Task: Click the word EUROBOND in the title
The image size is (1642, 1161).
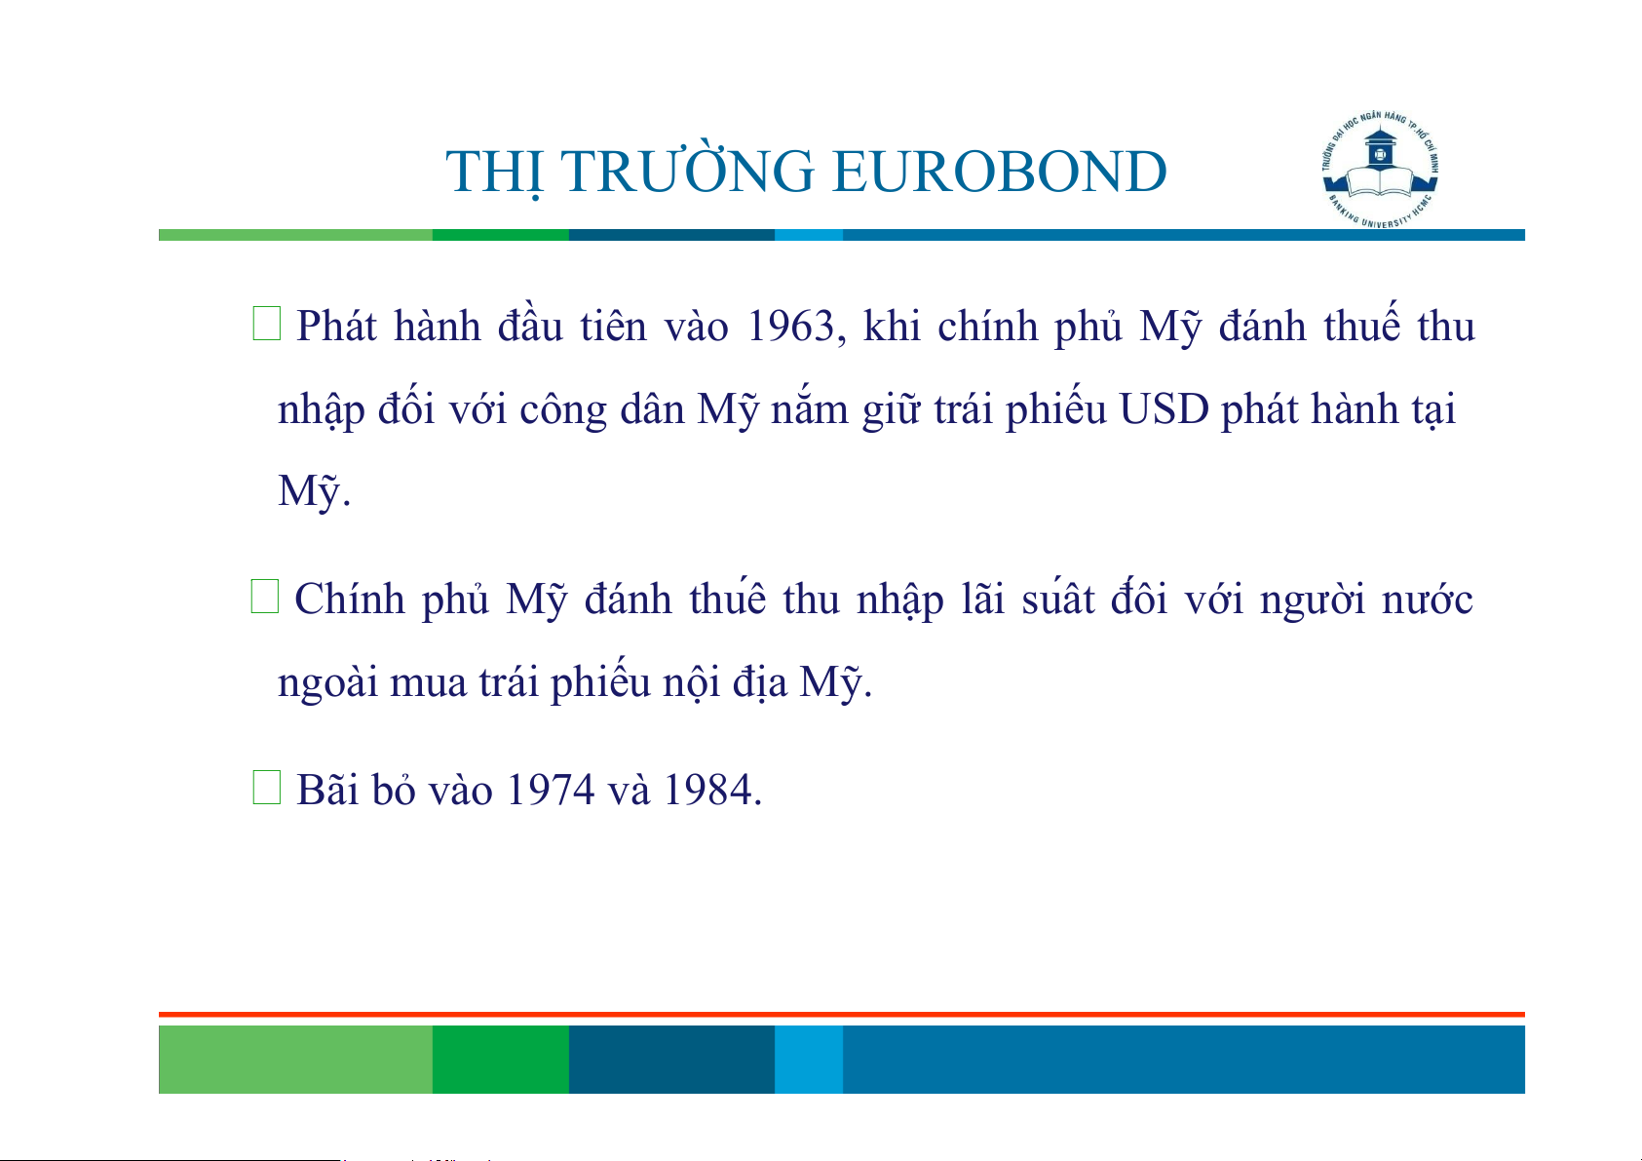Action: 1000,172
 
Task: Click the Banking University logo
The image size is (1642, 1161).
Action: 1380,170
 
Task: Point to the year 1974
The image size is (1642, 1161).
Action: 550,790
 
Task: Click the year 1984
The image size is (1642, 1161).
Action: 707,790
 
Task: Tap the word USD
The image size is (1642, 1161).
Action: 1165,409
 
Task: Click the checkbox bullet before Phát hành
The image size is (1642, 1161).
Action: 267,324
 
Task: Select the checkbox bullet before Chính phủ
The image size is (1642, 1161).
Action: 265,597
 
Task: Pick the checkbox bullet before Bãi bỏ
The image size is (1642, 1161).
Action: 267,788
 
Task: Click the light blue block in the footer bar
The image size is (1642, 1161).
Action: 809,1060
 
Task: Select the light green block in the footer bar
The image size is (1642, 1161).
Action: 295,1060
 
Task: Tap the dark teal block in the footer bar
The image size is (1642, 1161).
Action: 671,1060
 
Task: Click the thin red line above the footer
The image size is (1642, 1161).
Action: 842,1015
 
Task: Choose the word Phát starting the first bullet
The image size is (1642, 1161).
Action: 336,327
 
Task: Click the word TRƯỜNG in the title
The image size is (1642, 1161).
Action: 688,168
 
